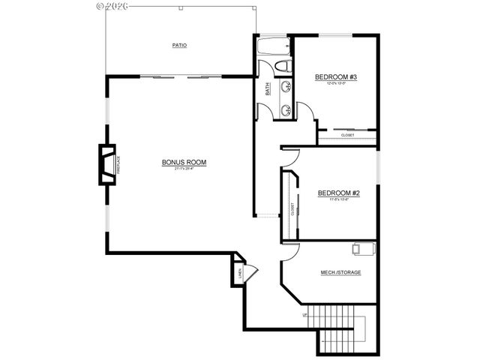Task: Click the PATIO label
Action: [x=178, y=46]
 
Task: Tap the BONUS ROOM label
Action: [x=184, y=162]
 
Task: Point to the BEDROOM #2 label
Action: [x=340, y=193]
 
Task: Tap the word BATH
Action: [x=268, y=88]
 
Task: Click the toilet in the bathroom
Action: [x=283, y=67]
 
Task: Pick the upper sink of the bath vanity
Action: [x=286, y=87]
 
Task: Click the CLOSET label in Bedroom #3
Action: [x=347, y=135]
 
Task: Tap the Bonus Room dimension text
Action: [x=184, y=169]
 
